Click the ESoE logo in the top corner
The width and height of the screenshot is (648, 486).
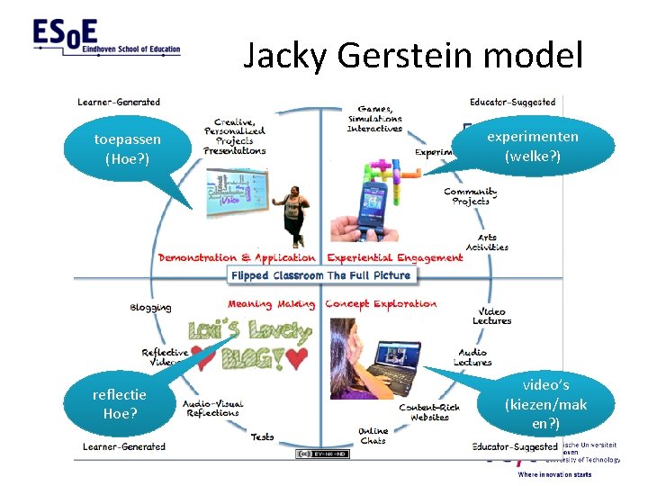point(106,39)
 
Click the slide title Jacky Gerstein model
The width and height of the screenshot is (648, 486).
point(414,57)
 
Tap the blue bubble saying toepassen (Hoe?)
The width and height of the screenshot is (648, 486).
point(128,149)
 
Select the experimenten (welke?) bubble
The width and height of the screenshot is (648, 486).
point(532,147)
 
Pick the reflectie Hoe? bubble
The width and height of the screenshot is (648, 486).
point(119,404)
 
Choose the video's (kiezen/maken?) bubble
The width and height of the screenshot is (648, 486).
point(545,404)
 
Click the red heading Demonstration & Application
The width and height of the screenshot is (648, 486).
point(237,257)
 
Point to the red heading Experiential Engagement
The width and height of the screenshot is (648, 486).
point(394,257)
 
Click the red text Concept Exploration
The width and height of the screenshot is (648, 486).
point(381,304)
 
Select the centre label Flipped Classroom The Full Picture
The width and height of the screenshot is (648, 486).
point(320,275)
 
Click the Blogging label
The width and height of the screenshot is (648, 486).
point(150,307)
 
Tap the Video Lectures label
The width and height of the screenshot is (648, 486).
point(491,317)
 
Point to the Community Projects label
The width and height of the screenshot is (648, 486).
point(471,196)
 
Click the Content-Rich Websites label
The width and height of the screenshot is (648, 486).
point(429,412)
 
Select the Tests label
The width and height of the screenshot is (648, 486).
point(262,437)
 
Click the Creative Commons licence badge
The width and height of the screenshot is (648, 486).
point(321,454)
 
